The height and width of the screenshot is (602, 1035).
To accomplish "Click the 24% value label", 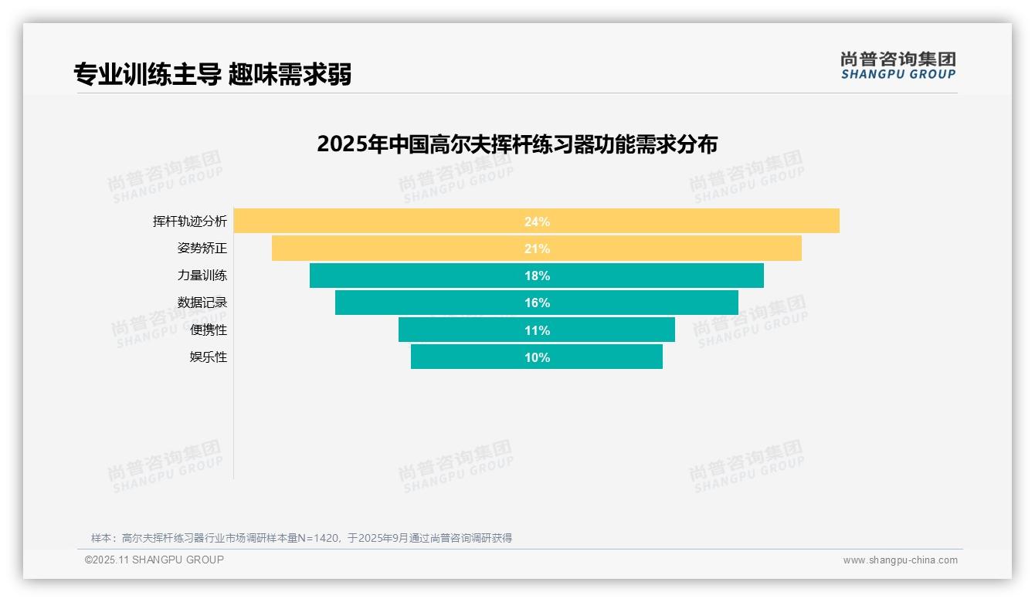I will coord(537,222).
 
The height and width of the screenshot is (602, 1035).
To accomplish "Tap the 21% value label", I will coord(537,249).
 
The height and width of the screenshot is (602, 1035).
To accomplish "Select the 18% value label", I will coord(537,276).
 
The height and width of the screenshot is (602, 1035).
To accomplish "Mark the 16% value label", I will coord(537,303).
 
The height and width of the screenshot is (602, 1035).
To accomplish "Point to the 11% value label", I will coord(537,330).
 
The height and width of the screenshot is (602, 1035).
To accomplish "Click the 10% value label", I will coord(537,357).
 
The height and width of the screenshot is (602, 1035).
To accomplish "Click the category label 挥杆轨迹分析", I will coord(190,222).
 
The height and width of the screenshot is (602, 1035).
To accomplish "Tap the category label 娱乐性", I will coord(209,357).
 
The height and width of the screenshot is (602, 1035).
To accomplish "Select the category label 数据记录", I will coord(202,303).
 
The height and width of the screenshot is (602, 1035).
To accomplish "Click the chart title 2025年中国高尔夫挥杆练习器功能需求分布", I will coord(517,144).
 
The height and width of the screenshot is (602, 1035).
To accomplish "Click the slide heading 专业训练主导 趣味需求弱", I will coord(212,75).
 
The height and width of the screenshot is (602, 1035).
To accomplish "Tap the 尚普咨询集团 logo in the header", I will coord(898,66).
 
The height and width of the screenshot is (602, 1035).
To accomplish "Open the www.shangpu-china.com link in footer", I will coord(900,560).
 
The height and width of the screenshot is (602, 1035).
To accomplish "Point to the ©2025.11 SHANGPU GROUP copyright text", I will coord(154,560).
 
